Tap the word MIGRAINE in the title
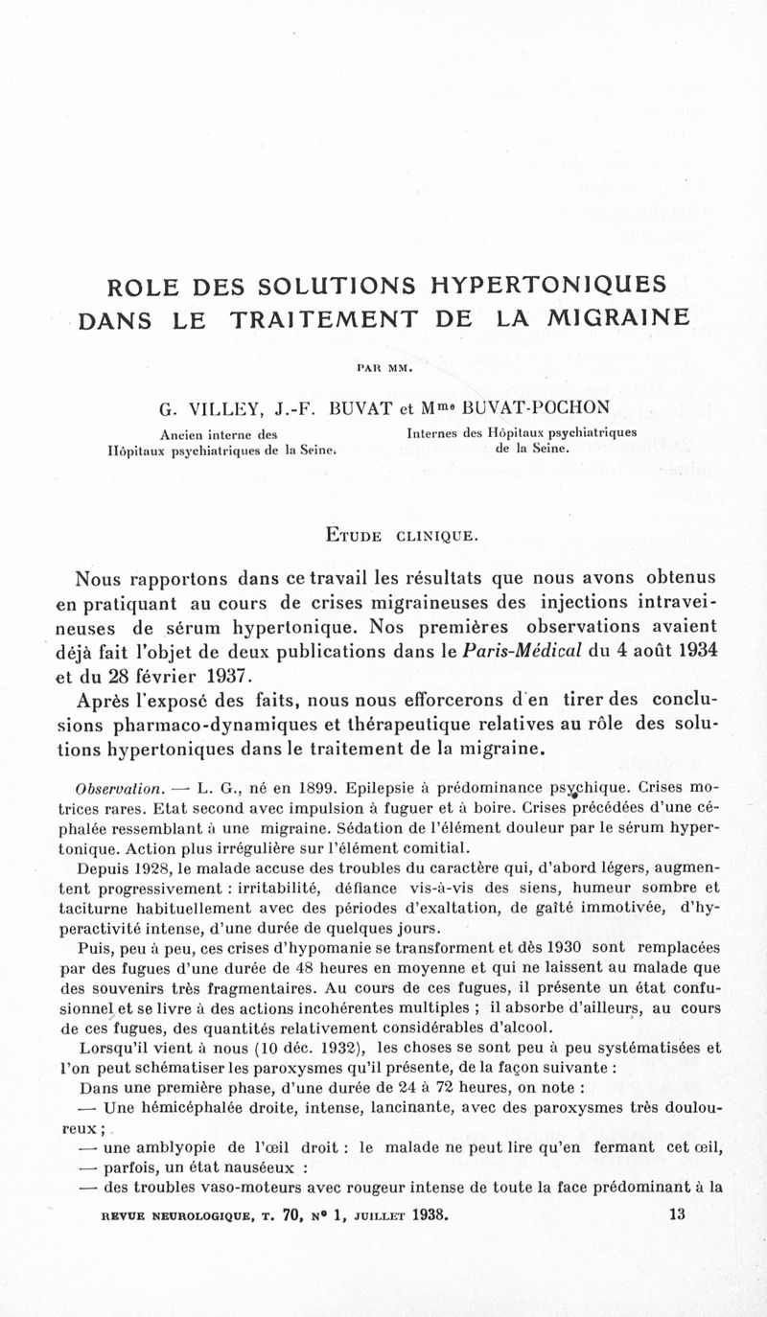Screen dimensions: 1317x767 click(611, 318)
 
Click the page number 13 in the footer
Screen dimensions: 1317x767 click(678, 1213)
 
